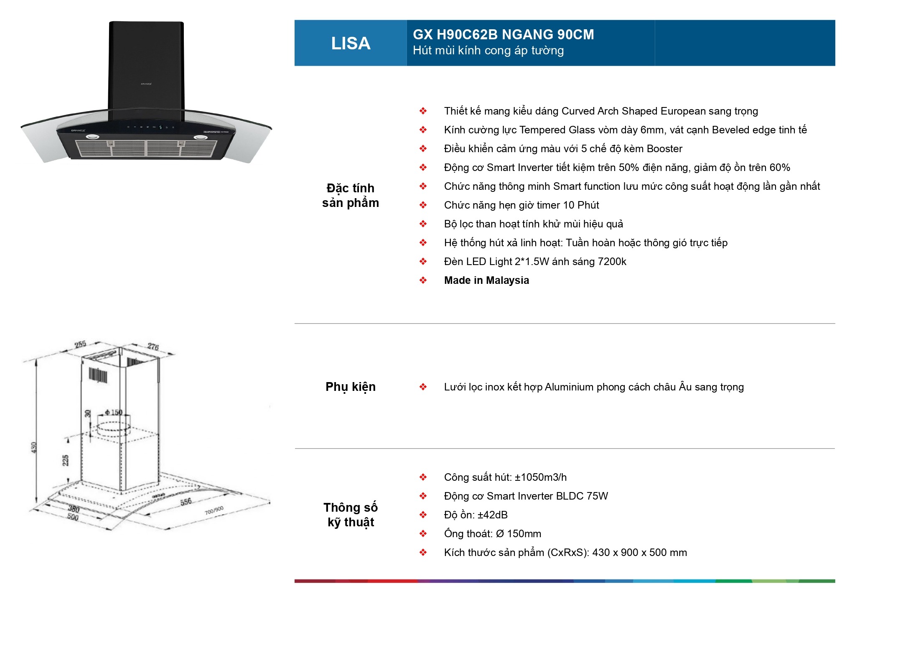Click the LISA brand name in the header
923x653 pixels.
351,43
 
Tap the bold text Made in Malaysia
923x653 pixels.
486,281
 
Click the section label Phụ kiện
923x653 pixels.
350,387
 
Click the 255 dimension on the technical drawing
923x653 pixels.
80,344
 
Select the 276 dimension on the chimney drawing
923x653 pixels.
153,347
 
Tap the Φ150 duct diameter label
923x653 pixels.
114,413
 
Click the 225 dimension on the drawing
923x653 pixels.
66,460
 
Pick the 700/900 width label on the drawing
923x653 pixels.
214,510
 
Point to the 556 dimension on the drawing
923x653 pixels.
186,502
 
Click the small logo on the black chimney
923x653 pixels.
146,84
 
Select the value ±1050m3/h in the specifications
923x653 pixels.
541,477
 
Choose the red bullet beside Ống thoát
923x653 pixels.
423,534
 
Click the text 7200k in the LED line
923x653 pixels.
612,262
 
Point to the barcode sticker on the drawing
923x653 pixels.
98,375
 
